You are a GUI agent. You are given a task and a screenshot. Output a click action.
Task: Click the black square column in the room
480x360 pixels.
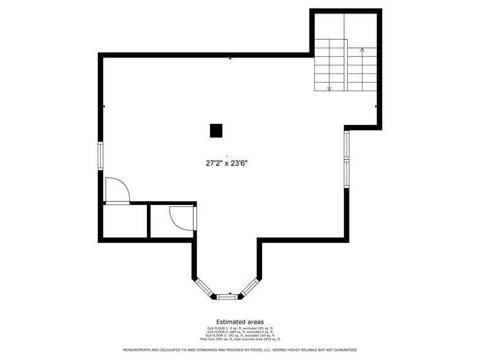(216, 130)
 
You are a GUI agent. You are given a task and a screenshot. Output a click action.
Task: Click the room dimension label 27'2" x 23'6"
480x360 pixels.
(227, 163)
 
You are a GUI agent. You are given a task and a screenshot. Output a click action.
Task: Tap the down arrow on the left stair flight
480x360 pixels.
(329, 88)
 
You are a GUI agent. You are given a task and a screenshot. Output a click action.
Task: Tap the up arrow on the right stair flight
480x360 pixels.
(362, 50)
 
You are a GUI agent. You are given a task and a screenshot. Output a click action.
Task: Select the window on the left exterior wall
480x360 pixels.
(100, 156)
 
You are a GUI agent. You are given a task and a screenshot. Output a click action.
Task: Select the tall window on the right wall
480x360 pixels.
(346, 159)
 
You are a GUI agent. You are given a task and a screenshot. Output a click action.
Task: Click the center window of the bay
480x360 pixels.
(227, 296)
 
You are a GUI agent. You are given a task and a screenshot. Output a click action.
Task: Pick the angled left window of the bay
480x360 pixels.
(203, 288)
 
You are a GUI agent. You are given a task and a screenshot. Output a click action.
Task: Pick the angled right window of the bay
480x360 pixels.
(250, 287)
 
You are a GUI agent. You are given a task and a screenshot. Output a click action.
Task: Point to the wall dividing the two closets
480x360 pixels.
(148, 221)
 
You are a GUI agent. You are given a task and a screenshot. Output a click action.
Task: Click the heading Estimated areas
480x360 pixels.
(239, 322)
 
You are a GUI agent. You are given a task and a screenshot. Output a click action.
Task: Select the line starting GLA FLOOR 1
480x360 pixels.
(239, 328)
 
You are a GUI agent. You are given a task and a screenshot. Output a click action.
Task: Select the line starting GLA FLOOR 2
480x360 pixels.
(239, 332)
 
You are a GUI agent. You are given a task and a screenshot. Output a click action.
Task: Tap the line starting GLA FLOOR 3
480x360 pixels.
(239, 336)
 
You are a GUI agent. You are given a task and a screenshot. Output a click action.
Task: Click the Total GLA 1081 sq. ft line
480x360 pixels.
(239, 339)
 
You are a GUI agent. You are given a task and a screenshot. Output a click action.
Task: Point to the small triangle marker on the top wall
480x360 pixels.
(230, 58)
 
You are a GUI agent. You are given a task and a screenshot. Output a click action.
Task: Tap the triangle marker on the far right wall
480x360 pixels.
(376, 107)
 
